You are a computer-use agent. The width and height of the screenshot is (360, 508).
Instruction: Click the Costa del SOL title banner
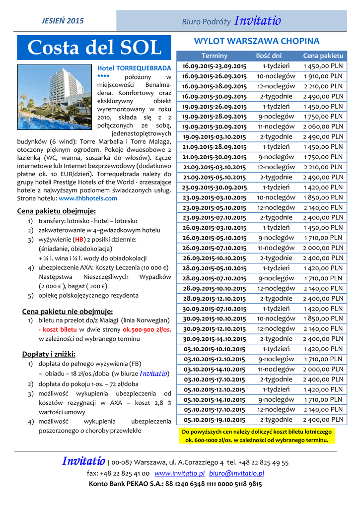pyautogui.click(x=94, y=48)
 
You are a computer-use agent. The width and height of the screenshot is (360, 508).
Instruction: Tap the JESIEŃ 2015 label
pyautogui.click(x=63, y=21)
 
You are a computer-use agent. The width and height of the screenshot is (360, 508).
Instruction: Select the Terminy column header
pyautogui.click(x=215, y=56)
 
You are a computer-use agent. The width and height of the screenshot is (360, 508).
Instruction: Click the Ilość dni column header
pyautogui.click(x=269, y=56)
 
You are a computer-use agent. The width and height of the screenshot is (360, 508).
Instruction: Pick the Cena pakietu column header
pyautogui.click(x=323, y=56)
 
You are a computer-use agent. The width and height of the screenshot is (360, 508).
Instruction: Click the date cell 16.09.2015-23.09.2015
pyautogui.click(x=215, y=66)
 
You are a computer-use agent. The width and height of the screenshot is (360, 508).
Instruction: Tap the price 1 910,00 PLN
pyautogui.click(x=323, y=76)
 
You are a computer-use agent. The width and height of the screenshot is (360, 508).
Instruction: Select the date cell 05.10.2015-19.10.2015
pyautogui.click(x=215, y=420)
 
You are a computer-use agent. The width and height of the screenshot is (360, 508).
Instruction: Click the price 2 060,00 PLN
pyautogui.click(x=323, y=127)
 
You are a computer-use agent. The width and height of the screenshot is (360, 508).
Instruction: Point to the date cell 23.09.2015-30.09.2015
pyautogui.click(x=215, y=188)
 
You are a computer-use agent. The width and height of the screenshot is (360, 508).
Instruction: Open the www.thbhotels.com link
pyautogui.click(x=88, y=198)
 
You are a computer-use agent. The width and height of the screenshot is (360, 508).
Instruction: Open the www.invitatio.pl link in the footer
pyautogui.click(x=180, y=473)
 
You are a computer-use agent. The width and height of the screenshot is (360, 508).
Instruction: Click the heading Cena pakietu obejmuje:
pyautogui.click(x=57, y=211)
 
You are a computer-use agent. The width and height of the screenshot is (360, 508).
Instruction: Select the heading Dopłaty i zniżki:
pyautogui.click(x=49, y=354)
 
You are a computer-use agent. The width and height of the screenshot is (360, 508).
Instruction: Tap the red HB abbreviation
pyautogui.click(x=79, y=239)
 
